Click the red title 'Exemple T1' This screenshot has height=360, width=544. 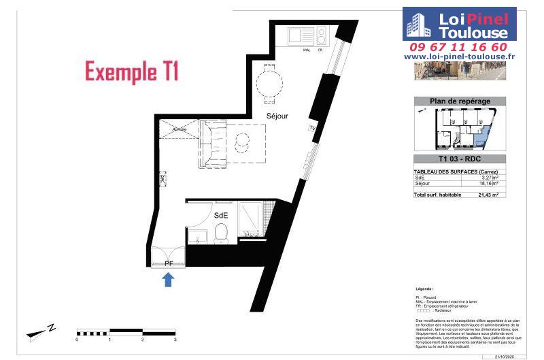coord(132,71)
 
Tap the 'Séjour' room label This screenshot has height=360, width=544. coord(277,116)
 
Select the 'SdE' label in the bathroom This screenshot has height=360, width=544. coord(221,215)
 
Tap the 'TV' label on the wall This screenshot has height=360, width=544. coord(312,128)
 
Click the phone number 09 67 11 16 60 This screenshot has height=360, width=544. coord(458,47)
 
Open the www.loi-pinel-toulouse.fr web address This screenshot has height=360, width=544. coord(459,57)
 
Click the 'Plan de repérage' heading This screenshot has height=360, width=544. coord(460,101)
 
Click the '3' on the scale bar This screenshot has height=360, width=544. coord(175,338)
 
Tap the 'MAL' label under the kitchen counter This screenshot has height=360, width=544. coord(306,48)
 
